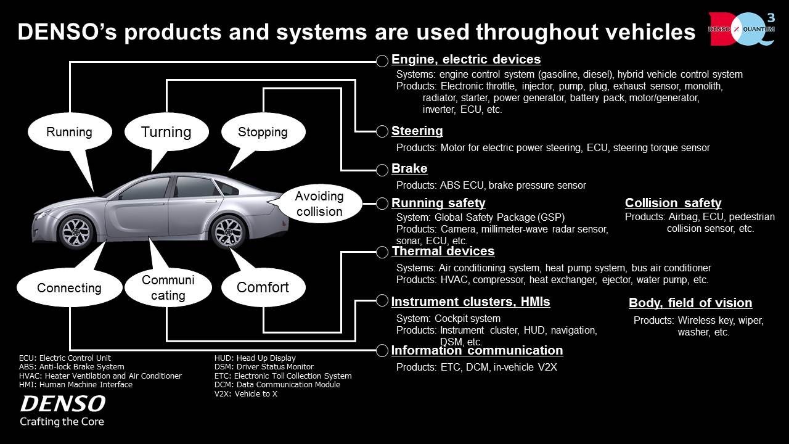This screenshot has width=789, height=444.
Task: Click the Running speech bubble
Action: pyautogui.click(x=70, y=132)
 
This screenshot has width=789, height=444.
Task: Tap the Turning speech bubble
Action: pyautogui.click(x=166, y=132)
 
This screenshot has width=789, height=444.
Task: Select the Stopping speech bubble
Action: pyautogui.click(x=263, y=132)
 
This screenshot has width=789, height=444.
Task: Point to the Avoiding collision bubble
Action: pyautogui.click(x=319, y=203)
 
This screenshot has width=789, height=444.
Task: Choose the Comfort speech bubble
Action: pyautogui.click(x=263, y=287)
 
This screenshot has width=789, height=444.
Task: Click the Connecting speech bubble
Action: pyautogui.click(x=70, y=288)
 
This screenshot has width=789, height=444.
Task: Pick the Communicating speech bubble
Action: pyautogui.click(x=168, y=287)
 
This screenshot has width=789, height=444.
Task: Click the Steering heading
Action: pyautogui.click(x=417, y=131)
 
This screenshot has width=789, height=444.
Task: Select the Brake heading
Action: pyautogui.click(x=409, y=168)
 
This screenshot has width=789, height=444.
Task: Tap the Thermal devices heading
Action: pyautogui.click(x=443, y=251)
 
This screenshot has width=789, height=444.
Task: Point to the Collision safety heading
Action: pyautogui.click(x=673, y=203)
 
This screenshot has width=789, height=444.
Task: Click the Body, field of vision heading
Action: pyautogui.click(x=690, y=303)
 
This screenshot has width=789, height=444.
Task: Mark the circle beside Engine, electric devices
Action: pyautogui.click(x=382, y=61)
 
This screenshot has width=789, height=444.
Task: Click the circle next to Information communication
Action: pyautogui.click(x=382, y=350)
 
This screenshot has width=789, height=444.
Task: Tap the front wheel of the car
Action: pyautogui.click(x=76, y=231)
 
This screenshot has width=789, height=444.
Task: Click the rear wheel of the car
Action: pyautogui.click(x=228, y=232)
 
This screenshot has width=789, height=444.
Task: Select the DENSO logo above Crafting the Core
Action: pyautogui.click(x=63, y=404)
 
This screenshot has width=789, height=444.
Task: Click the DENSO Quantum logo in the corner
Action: pyautogui.click(x=742, y=29)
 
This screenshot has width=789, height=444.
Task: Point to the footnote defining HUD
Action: pyautogui.click(x=255, y=358)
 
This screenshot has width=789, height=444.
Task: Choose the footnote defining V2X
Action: pyautogui.click(x=246, y=394)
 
